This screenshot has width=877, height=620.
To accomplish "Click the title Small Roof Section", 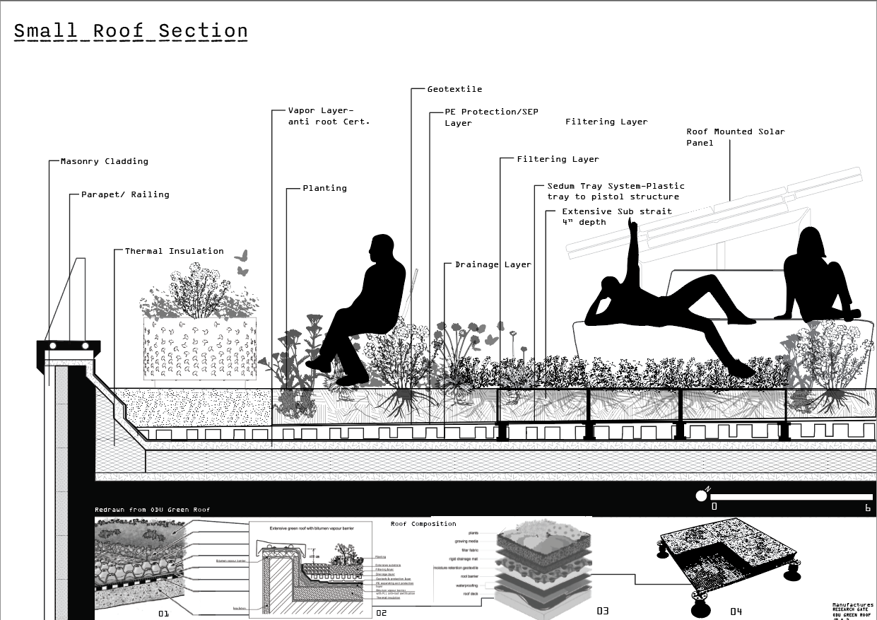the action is point(131,31).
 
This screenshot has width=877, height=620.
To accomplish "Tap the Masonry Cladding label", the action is point(105,161).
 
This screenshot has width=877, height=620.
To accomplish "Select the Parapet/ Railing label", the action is point(125,194).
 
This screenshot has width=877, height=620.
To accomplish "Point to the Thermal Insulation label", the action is point(174,251).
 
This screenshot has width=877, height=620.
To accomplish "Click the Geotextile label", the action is point(454,89).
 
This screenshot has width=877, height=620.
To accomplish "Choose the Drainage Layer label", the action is point(493,264).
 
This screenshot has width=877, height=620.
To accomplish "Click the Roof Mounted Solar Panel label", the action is point(735,137).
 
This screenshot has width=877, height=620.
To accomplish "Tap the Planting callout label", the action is point(324,188).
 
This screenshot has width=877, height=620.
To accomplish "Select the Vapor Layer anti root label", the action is point(329,116).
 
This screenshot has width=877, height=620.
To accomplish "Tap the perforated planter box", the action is point(199,348).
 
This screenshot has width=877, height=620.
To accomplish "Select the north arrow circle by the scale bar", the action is point(701,496).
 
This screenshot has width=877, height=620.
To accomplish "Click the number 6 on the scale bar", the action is point(867,507).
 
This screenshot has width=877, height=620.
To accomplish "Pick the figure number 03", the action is point(602,611).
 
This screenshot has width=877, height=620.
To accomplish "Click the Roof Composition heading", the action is point(423,524).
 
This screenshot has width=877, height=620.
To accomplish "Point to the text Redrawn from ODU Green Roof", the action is point(153,510).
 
